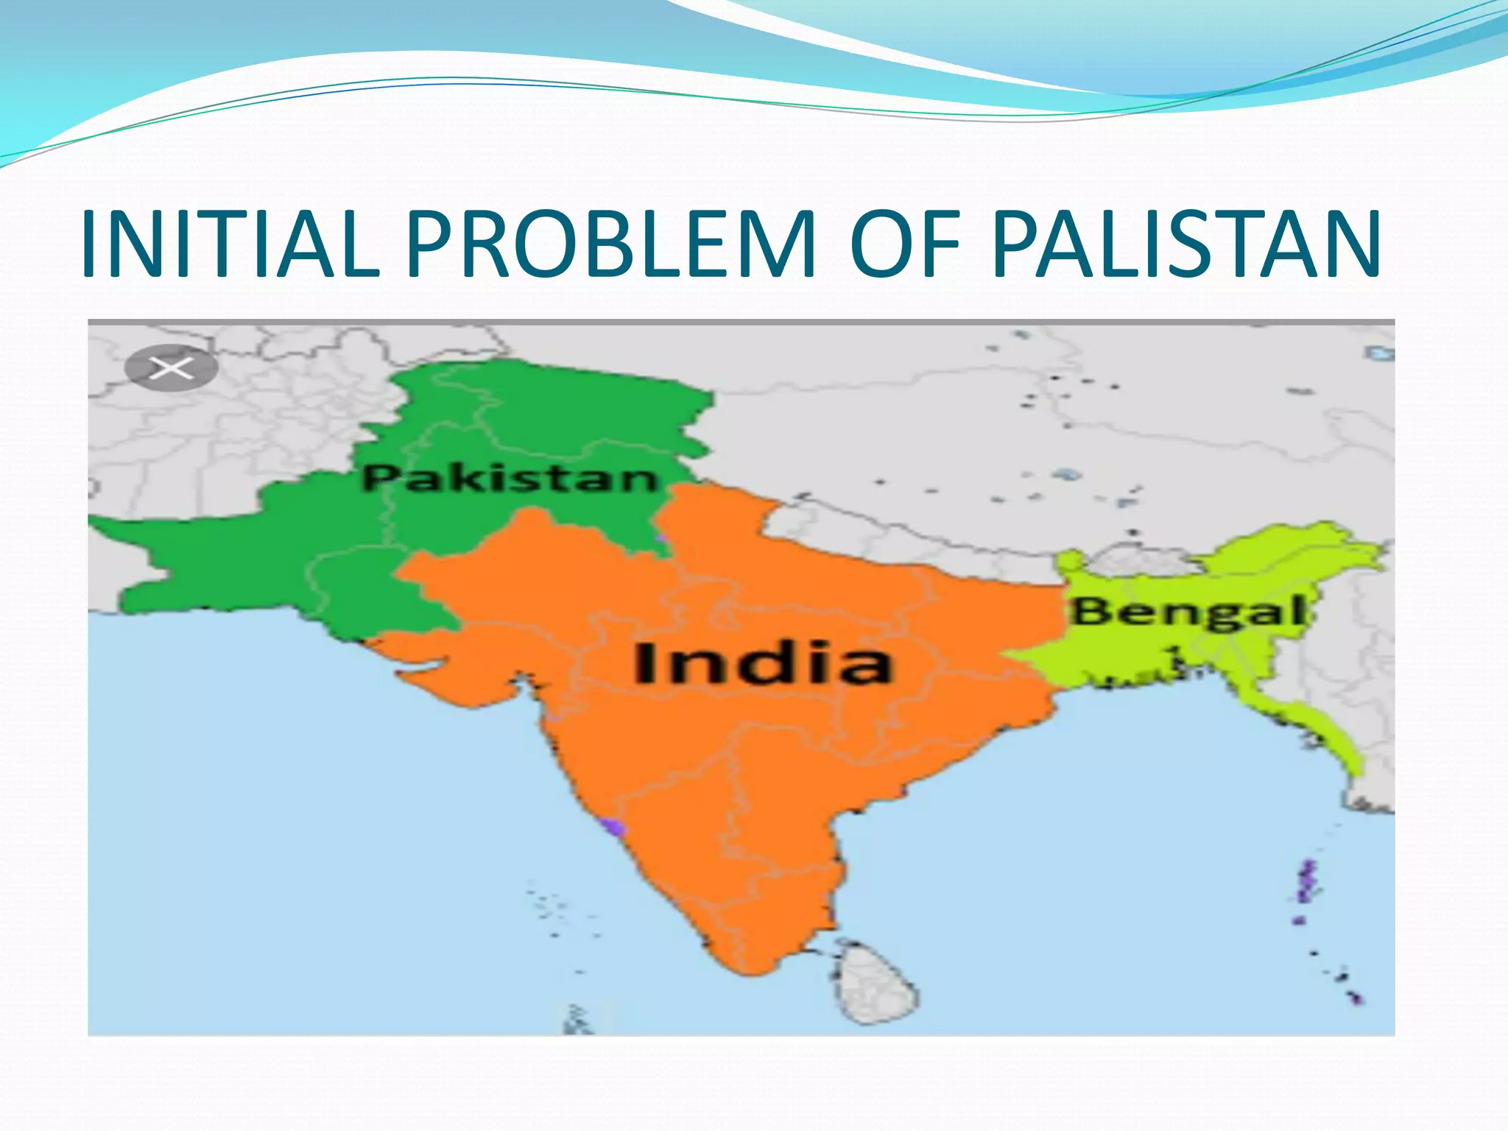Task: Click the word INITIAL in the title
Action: click(230, 244)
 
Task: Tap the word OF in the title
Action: click(905, 244)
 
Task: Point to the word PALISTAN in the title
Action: click(1185, 244)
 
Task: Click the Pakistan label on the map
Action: click(509, 479)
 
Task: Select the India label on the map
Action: click(762, 663)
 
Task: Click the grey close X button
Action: click(171, 367)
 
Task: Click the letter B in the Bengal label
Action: click(1088, 611)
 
